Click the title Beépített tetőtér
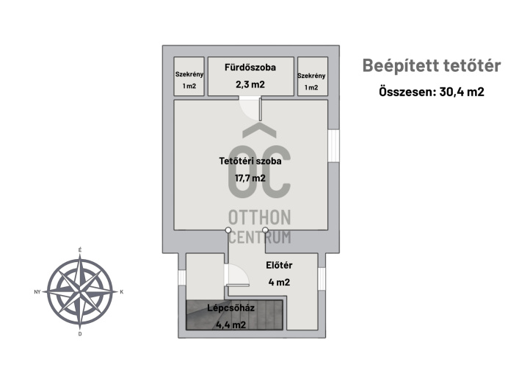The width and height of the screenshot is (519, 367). pyautogui.click(x=432, y=66)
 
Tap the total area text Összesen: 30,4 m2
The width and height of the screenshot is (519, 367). pyautogui.click(x=432, y=92)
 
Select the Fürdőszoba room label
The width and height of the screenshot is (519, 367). pyautogui.click(x=250, y=68)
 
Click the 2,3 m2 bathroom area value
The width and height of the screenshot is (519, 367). pyautogui.click(x=250, y=84)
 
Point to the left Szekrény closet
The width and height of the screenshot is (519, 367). pyautogui.click(x=189, y=80)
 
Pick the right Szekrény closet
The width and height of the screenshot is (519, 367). pyautogui.click(x=311, y=80)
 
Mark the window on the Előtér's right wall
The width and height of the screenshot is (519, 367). pyautogui.click(x=322, y=279)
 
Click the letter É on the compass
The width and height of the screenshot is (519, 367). pyautogui.click(x=79, y=251)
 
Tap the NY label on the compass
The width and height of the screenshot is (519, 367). pyautogui.click(x=37, y=292)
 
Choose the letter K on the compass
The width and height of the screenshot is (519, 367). pyautogui.click(x=122, y=292)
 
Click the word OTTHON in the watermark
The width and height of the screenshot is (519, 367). pyautogui.click(x=260, y=217)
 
